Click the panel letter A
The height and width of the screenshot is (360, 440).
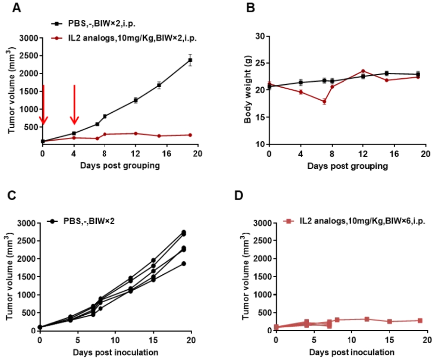pos(16,8)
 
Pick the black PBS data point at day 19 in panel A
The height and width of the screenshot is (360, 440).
pos(190,60)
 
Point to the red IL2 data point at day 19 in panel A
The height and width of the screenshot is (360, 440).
pos(190,135)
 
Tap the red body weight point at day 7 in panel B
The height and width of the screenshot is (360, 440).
pos(324,102)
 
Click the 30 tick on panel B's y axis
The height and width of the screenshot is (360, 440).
pos(261,36)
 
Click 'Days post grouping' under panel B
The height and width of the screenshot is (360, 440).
pos(348,166)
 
